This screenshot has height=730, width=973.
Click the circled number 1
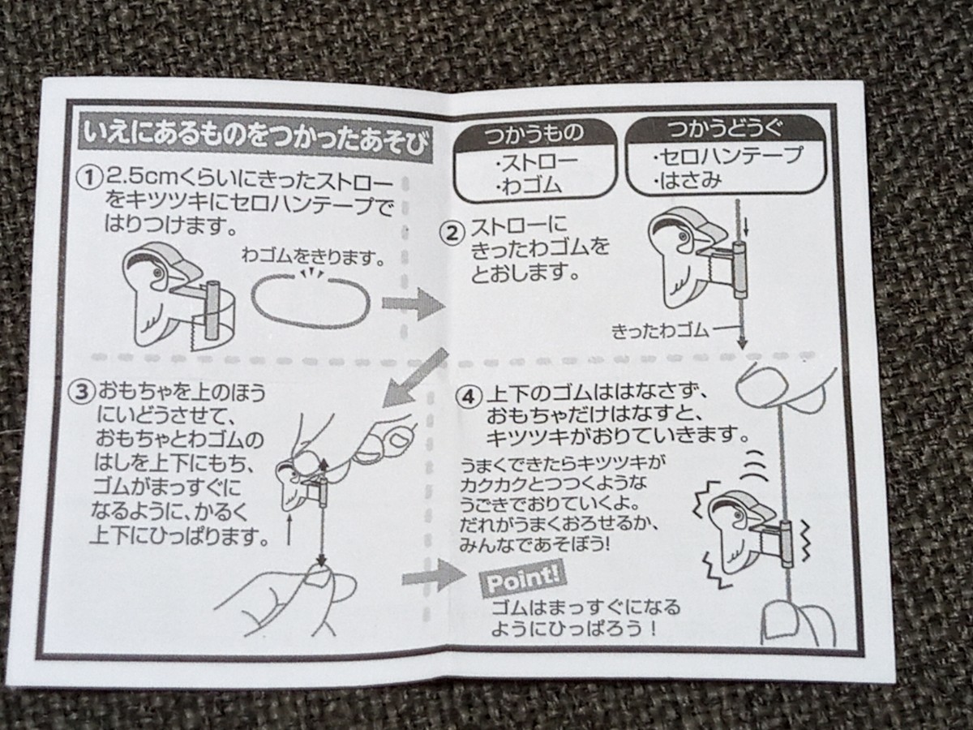pyautogui.click(x=88, y=178)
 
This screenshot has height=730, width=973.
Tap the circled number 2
pyautogui.click(x=452, y=233)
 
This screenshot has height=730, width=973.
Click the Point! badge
pyautogui.click(x=522, y=579)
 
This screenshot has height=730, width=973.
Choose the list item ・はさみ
pyautogui.click(x=686, y=180)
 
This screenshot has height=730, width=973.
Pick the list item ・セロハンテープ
pyautogui.click(x=727, y=155)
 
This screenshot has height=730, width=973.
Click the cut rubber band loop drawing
pyautogui.click(x=311, y=300)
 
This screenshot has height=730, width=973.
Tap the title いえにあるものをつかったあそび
pyautogui.click(x=255, y=142)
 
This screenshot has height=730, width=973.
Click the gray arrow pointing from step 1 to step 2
pyautogui.click(x=414, y=303)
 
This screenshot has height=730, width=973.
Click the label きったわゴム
pyautogui.click(x=661, y=331)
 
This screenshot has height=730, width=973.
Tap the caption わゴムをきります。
pyautogui.click(x=313, y=257)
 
